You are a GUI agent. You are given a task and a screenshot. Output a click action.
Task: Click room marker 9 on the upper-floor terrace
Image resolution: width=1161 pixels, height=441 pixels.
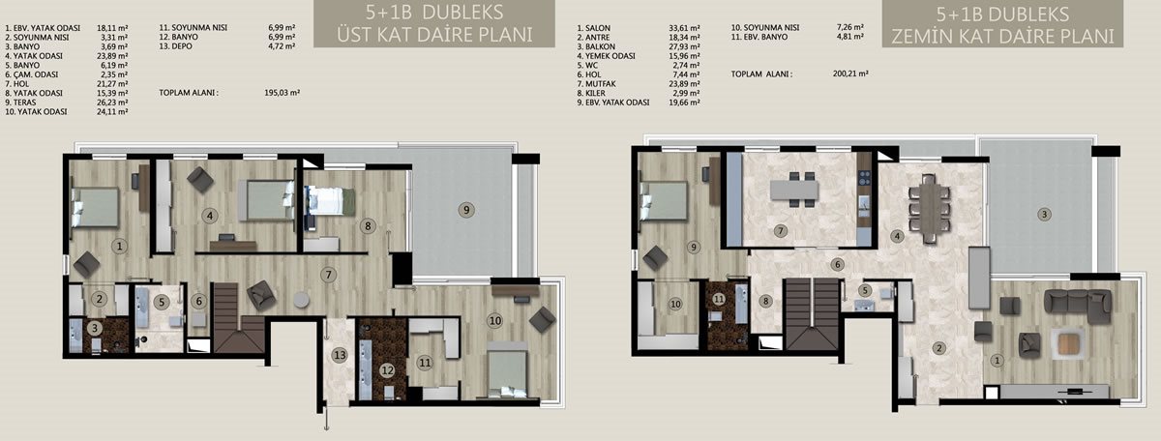click(466, 210)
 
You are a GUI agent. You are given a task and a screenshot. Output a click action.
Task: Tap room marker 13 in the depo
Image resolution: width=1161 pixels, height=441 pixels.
click(340, 355)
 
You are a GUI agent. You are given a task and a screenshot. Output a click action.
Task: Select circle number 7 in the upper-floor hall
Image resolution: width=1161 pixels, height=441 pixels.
click(328, 275)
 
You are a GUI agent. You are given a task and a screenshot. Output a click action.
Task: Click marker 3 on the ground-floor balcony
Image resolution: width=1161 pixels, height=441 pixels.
click(1044, 214)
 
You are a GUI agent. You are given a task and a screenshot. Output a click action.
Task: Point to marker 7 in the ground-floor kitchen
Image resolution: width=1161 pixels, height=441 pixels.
click(780, 230)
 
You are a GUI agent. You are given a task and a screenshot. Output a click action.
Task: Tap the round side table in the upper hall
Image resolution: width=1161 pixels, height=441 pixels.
click(301, 300)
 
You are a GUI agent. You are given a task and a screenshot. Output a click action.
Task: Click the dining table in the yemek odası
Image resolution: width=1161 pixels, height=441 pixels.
click(930, 209)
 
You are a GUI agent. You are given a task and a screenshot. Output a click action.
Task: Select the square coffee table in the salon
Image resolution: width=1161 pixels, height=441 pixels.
click(1068, 342)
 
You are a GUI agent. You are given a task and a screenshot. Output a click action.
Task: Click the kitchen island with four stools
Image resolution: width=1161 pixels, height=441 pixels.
click(794, 190)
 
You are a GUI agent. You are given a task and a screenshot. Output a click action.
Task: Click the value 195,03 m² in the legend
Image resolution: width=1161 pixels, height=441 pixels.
click(282, 93)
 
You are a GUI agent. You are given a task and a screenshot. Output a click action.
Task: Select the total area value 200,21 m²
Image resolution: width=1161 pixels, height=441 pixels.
click(850, 74)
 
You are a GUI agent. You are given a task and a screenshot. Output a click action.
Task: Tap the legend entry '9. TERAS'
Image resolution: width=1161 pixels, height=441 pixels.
click(20, 103)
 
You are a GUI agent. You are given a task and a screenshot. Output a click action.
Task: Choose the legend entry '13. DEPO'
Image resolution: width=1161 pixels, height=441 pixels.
click(176, 46)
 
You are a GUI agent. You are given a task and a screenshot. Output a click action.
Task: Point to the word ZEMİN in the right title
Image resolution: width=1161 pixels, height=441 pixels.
click(919, 37)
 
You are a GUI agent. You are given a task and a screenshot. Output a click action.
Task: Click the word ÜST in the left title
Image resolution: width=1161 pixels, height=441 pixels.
click(354, 35)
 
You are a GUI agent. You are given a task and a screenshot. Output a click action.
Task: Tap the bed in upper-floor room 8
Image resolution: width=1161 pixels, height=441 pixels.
click(330, 201)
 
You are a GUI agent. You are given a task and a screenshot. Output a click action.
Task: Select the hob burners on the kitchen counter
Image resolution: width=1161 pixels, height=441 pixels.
click(864, 178)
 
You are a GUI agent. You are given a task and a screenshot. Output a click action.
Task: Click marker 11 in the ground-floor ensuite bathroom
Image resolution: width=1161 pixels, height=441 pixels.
click(718, 299)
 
